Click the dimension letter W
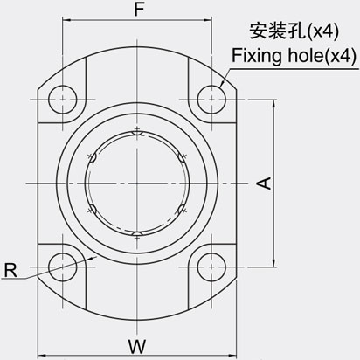point(136,347)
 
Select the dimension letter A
point(261,182)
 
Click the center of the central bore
point(135,182)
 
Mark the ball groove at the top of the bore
point(135,133)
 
